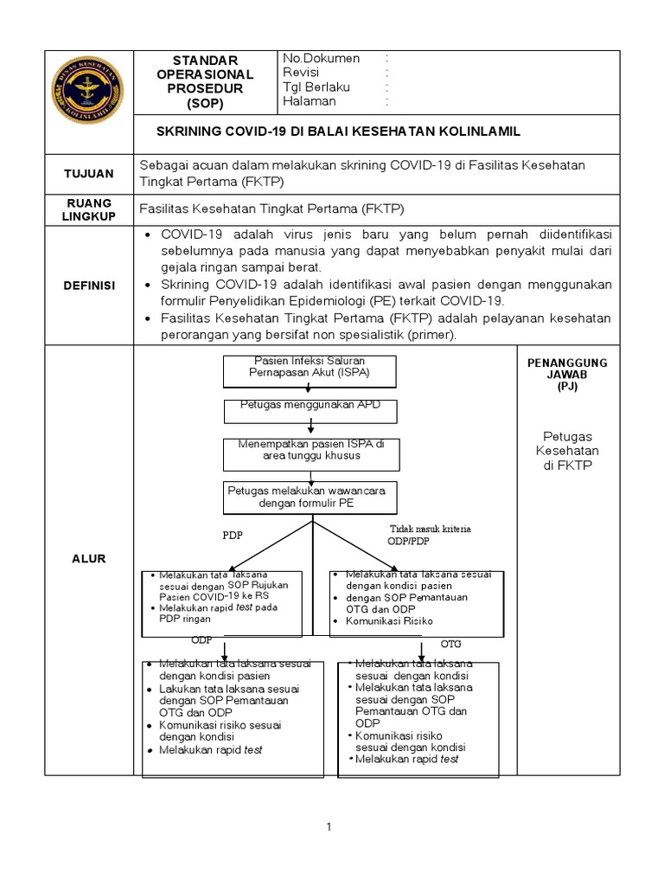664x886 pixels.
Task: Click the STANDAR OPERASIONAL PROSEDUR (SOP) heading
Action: click(204, 81)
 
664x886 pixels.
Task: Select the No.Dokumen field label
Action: click(321, 58)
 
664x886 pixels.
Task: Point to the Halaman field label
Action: click(310, 101)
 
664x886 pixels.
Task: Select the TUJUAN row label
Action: click(89, 173)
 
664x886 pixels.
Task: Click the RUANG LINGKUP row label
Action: click(89, 210)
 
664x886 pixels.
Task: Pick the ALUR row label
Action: click(89, 559)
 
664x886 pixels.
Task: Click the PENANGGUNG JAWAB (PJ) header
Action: click(567, 374)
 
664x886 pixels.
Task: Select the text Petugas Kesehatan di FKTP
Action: click(567, 451)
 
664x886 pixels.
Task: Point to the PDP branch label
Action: click(233, 535)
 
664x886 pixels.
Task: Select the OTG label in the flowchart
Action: click(451, 645)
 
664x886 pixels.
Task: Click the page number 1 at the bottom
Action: click(329, 828)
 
